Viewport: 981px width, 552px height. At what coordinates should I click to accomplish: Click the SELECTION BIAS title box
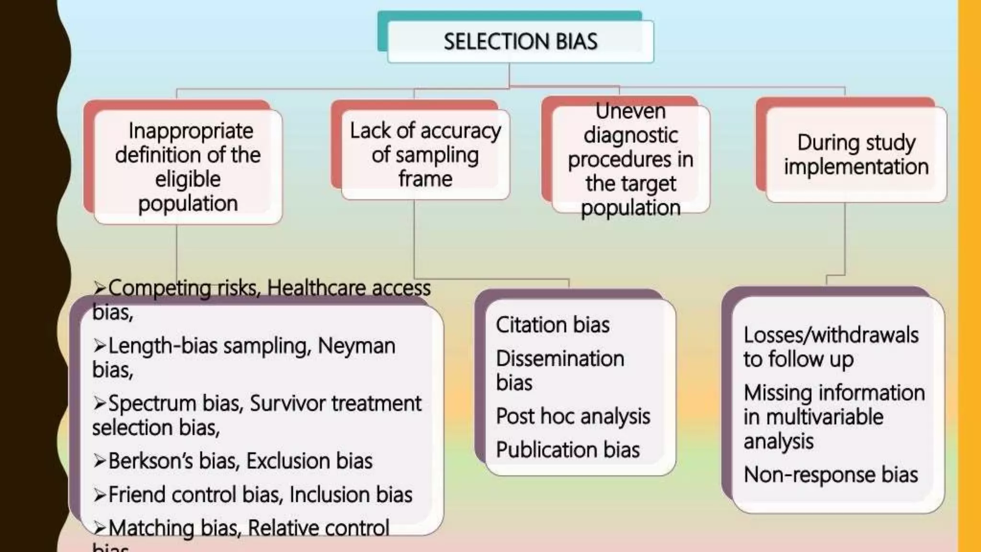(520, 42)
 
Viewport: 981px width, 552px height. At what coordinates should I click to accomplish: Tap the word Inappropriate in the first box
(191, 131)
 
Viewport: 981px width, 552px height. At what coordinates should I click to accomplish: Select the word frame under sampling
(425, 179)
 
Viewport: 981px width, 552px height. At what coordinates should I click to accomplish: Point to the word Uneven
(630, 111)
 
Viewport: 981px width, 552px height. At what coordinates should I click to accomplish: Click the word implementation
(856, 167)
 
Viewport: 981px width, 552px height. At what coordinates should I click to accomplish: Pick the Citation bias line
(552, 325)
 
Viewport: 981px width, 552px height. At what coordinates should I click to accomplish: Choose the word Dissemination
(560, 358)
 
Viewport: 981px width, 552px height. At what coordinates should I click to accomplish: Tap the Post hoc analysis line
(573, 416)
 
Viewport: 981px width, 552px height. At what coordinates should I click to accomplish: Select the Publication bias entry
(568, 450)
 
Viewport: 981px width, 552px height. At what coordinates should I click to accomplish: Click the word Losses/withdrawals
(831, 335)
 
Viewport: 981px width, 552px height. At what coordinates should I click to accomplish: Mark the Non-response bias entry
(831, 475)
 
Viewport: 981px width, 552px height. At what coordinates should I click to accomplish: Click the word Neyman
(356, 346)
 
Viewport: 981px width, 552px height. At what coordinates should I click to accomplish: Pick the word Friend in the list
(137, 494)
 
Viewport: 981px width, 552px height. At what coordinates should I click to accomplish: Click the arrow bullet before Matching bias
(100, 528)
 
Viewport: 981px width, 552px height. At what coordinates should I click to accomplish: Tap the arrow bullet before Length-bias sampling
(100, 345)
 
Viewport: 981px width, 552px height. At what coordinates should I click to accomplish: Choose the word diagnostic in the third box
(630, 136)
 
